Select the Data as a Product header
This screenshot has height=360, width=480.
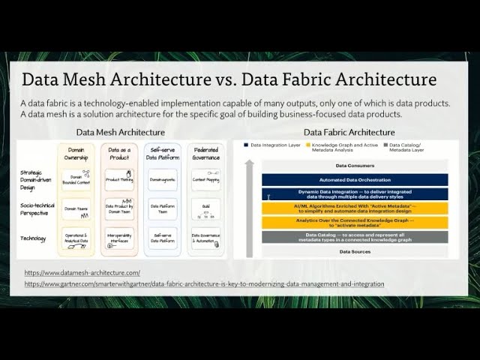(118, 154)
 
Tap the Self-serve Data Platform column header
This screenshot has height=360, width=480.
(161, 154)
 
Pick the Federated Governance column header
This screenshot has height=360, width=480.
(205, 154)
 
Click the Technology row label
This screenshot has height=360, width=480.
(34, 238)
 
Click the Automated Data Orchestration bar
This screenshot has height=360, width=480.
(355, 179)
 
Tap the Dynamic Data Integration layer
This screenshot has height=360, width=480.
(355, 194)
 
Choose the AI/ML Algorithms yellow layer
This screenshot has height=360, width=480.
(355, 208)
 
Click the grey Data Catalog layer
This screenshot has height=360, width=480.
(355, 237)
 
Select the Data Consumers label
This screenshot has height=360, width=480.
(355, 166)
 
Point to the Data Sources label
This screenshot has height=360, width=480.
(355, 252)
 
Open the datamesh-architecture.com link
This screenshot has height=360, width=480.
(82, 272)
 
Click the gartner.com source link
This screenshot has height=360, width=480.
(204, 284)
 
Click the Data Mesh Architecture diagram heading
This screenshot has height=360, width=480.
(121, 132)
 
